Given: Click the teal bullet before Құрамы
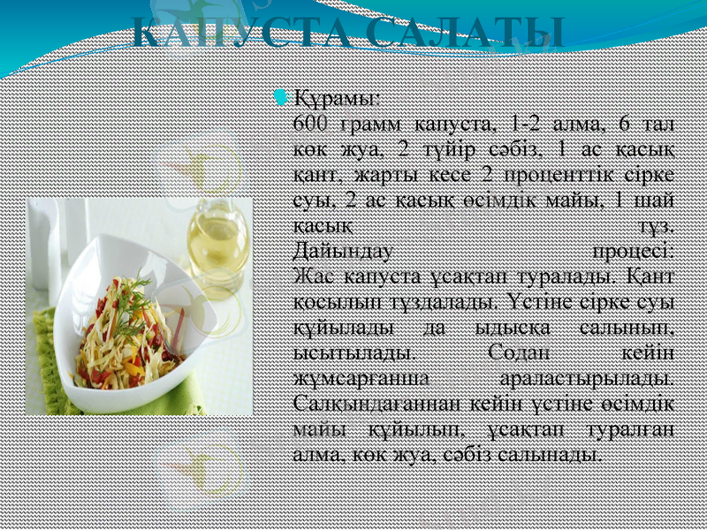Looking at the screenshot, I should tap(281, 95).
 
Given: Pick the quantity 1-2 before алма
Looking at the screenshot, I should tap(528, 120).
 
